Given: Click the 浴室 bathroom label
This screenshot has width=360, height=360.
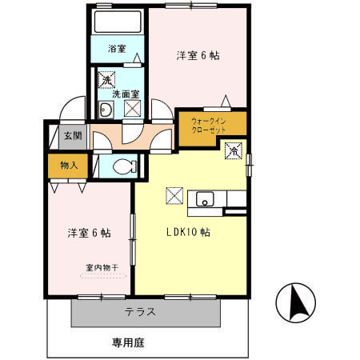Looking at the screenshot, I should (x=117, y=49).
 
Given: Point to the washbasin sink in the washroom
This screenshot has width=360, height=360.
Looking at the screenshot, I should (x=105, y=110).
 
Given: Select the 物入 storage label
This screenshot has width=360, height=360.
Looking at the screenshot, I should (x=68, y=166).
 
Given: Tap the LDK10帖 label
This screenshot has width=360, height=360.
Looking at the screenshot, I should (x=188, y=233).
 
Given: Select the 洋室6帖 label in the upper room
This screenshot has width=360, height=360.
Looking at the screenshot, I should (x=198, y=55).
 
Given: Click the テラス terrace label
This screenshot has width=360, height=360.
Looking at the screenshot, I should (x=140, y=312).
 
